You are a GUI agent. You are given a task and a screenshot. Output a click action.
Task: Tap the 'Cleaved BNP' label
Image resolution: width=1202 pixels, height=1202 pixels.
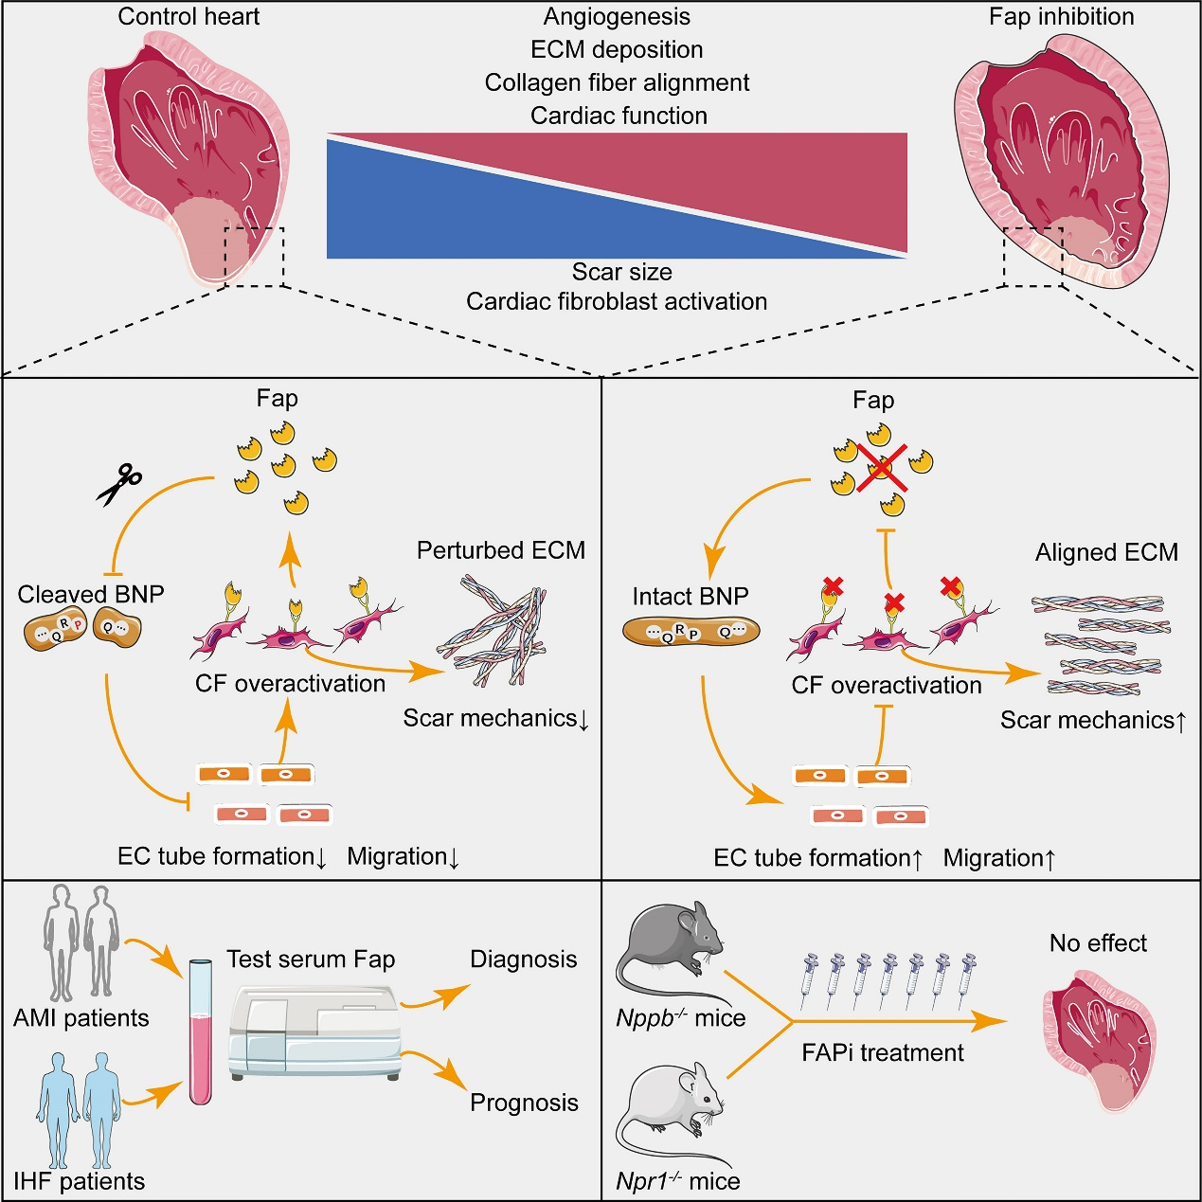tap(91, 594)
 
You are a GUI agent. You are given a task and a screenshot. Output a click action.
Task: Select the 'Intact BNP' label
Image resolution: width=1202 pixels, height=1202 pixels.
tap(691, 597)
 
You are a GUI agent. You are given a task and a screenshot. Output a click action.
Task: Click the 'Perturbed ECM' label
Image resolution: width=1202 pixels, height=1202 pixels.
tap(501, 550)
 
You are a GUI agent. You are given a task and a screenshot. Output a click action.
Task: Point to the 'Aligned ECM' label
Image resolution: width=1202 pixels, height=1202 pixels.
tap(1106, 552)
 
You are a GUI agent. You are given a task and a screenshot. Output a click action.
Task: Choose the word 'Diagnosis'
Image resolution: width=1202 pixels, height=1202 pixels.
tap(524, 960)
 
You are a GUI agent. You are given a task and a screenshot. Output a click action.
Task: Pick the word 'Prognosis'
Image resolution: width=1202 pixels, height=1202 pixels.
tap(524, 1103)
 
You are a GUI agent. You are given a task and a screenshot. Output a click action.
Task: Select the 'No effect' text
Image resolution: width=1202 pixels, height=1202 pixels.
tap(1098, 943)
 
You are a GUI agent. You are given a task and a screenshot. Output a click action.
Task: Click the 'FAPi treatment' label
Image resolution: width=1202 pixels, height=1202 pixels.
tap(883, 1052)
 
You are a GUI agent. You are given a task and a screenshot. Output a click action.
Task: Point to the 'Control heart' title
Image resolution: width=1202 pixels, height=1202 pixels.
tap(188, 16)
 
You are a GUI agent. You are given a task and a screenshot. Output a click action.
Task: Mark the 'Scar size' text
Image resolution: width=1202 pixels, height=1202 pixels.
tap(621, 272)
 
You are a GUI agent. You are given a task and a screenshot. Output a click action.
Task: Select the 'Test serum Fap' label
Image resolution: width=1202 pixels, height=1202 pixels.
tap(311, 960)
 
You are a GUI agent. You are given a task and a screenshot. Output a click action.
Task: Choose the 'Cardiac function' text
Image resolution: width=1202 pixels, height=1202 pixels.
tap(619, 116)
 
